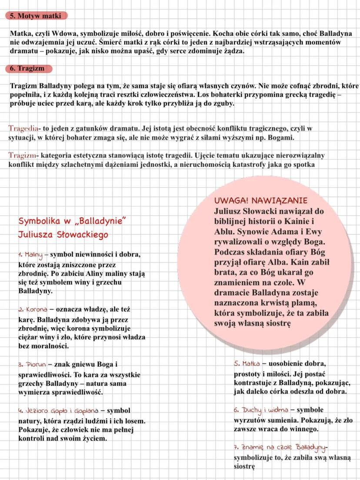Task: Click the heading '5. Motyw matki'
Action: point(36,16)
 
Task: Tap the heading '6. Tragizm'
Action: point(29,68)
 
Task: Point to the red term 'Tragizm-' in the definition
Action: point(22,155)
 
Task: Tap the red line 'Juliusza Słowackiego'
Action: point(63,235)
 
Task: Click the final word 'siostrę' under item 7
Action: point(244,466)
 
